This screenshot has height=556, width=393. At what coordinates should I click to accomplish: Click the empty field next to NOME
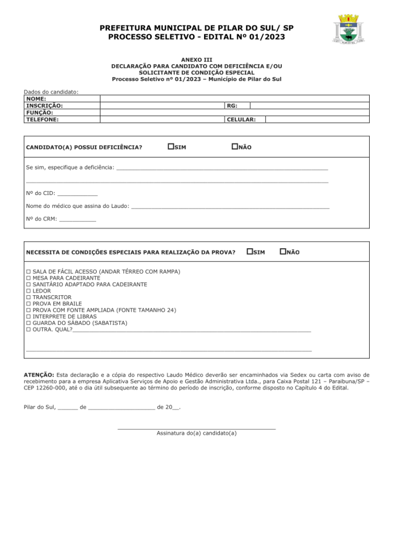(x=234, y=99)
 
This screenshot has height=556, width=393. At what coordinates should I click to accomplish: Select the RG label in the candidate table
(x=232, y=106)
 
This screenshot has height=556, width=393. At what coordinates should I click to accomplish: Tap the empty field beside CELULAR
(x=317, y=119)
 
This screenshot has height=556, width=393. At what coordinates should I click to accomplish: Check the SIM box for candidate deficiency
(x=171, y=147)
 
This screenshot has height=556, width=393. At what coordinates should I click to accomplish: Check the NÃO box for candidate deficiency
(x=235, y=147)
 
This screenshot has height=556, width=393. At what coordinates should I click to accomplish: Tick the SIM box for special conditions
(x=250, y=251)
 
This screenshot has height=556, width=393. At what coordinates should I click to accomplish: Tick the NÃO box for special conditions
(x=283, y=251)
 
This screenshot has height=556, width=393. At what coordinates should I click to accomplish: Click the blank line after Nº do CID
(x=77, y=193)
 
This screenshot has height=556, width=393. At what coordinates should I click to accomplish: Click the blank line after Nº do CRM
(x=77, y=219)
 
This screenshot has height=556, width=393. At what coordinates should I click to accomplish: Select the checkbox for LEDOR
(x=29, y=291)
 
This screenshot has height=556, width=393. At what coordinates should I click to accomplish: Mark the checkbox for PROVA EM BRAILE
(x=29, y=304)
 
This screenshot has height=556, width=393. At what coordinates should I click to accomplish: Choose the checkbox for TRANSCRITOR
(x=29, y=298)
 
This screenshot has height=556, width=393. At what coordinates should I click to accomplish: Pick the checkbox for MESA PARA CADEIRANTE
(x=29, y=278)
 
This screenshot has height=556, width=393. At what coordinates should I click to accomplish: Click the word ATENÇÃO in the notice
(x=39, y=375)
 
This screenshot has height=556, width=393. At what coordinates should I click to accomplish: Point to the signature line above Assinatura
(x=196, y=428)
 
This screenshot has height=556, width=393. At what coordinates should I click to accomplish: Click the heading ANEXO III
(x=196, y=60)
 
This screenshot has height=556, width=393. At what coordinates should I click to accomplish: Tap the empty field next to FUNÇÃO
(x=234, y=112)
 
